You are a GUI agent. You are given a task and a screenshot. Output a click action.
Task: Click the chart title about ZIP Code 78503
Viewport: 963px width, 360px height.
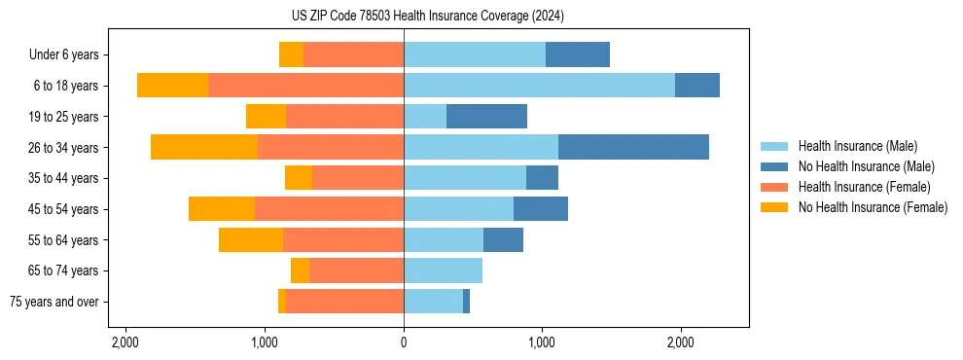427,17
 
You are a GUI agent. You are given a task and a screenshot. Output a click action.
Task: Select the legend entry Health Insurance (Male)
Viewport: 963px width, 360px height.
856,146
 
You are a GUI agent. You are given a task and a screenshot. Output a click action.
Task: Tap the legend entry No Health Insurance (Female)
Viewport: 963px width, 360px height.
873,207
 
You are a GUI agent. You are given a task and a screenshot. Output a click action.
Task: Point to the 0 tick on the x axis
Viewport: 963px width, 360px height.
404,342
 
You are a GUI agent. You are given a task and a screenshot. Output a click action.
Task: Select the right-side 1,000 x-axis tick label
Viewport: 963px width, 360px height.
542,342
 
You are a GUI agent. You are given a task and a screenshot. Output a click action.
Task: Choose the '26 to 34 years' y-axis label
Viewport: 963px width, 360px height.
64,147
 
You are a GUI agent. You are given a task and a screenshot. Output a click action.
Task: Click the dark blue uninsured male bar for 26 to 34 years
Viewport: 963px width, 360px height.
633,147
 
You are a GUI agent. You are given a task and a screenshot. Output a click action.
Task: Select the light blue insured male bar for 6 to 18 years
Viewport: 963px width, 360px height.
539,86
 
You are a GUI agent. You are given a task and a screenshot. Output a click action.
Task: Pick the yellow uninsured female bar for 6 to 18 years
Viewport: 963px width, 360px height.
172,86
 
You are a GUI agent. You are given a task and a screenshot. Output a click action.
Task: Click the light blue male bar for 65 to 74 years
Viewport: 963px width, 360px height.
443,270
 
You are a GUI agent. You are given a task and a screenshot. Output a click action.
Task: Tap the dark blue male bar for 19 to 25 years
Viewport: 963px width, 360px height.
486,117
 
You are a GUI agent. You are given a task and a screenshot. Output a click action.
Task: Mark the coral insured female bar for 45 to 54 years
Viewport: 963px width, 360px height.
329,209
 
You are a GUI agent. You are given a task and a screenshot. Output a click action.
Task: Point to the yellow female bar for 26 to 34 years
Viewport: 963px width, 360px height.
204,147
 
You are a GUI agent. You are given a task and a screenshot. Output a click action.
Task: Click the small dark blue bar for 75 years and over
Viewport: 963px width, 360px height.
466,302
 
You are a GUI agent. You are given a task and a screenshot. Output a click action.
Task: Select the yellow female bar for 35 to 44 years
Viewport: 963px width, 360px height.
299,178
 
